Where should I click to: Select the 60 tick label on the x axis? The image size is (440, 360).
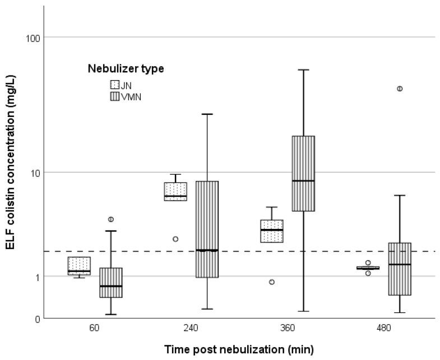click(x=95, y=329)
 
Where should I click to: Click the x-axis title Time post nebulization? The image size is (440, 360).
click(x=239, y=349)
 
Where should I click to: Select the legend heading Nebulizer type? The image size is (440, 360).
click(x=126, y=69)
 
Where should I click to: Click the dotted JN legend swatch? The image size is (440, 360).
click(x=115, y=85)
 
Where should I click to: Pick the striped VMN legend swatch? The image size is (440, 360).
click(x=115, y=96)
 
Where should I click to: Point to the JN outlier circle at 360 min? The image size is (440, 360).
click(x=272, y=282)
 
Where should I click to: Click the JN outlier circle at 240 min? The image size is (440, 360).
click(x=175, y=239)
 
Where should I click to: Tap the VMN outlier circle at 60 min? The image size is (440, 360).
click(x=111, y=219)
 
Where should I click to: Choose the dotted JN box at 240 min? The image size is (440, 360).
click(x=175, y=191)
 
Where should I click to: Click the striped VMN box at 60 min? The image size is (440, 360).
click(x=111, y=282)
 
